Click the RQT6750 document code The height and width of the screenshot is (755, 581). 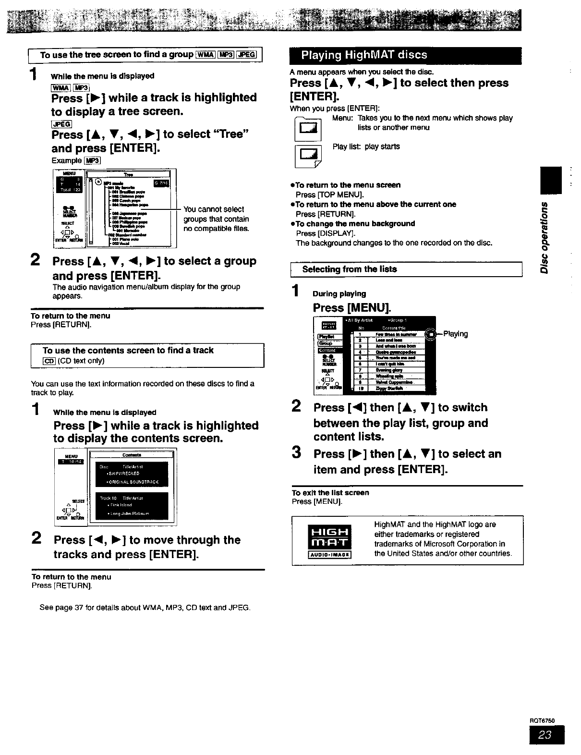(x=542, y=720)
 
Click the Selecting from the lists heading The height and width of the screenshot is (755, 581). (x=349, y=269)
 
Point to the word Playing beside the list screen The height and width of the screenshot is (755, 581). (x=455, y=334)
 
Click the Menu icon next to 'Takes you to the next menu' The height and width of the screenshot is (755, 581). (x=308, y=129)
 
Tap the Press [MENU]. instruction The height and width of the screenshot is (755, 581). (x=352, y=308)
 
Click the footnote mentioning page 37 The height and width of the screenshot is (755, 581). (x=145, y=608)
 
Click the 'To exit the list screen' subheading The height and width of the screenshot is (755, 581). (x=330, y=493)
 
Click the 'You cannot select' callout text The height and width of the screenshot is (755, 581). (x=214, y=209)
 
